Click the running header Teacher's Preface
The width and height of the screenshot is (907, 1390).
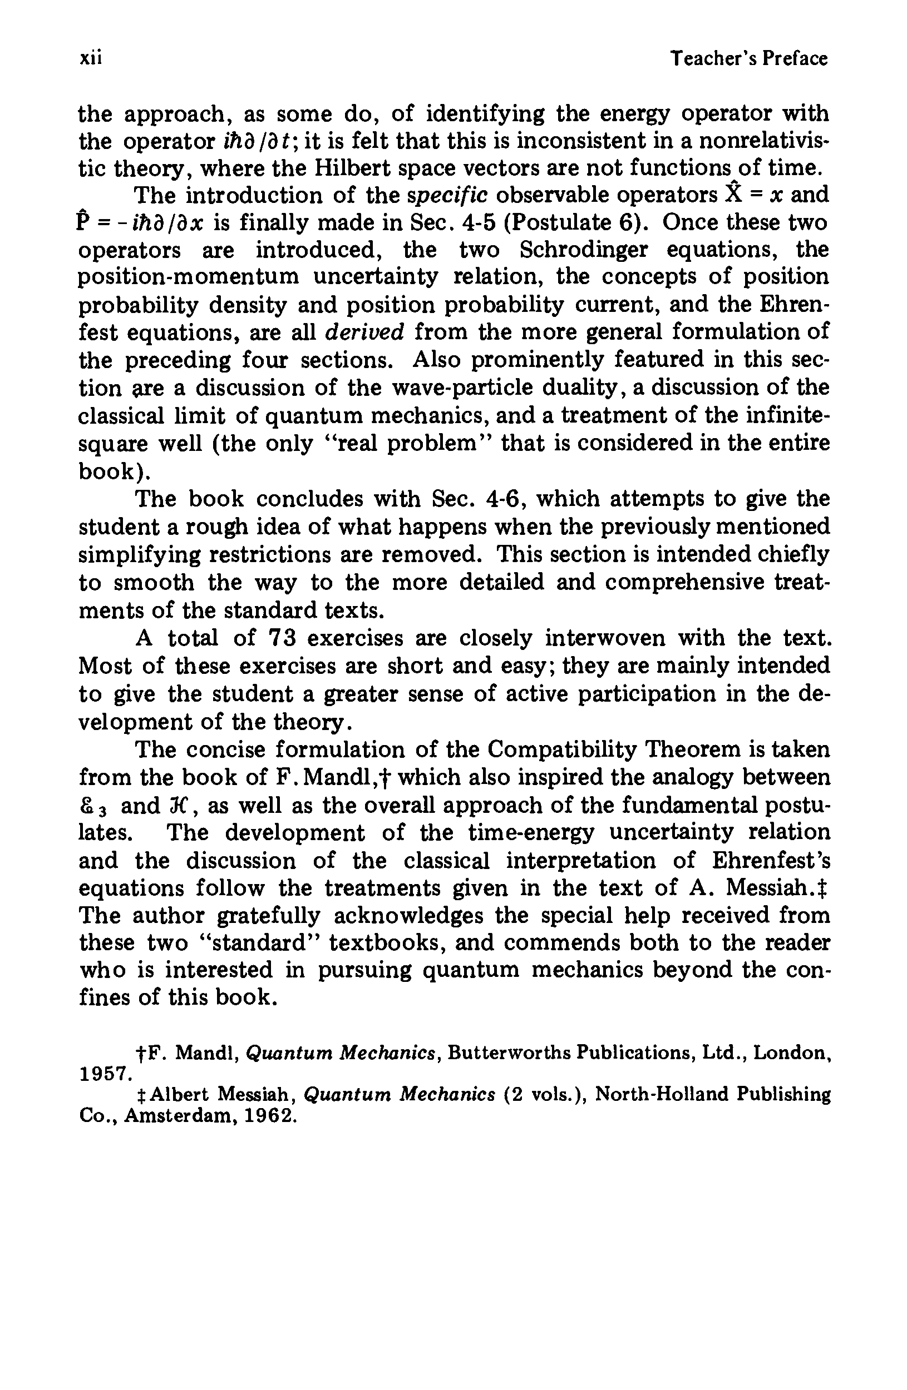(x=748, y=58)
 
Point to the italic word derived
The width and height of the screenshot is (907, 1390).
(x=364, y=332)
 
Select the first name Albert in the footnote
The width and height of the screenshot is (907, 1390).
(x=178, y=1093)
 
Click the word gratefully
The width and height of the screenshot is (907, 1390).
(x=269, y=915)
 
